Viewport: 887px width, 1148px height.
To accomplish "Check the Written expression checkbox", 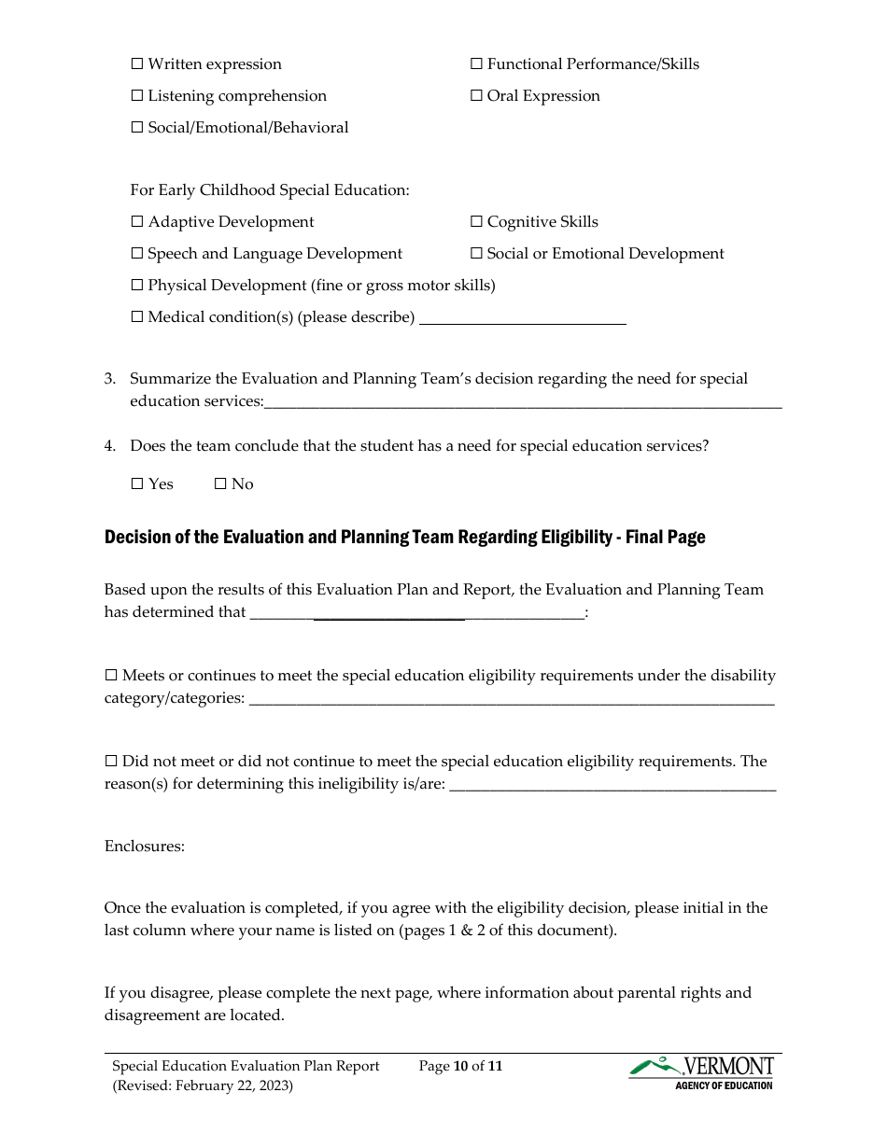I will (137, 64).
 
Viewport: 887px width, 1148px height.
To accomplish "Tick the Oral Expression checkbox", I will (476, 96).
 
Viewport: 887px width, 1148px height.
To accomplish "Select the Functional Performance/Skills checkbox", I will (476, 64).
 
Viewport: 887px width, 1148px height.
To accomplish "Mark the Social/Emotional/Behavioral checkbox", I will (137, 128).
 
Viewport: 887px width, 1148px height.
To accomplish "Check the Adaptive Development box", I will (137, 222).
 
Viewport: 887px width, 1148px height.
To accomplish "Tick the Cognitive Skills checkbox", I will (476, 222).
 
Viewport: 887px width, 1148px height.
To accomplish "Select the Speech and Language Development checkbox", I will (137, 254).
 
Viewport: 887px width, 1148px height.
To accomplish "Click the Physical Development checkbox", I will (137, 286).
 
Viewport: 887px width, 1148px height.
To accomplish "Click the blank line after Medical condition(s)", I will (522, 319).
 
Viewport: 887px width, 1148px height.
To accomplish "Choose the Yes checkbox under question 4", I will (137, 484).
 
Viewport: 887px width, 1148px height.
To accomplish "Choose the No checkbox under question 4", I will (220, 484).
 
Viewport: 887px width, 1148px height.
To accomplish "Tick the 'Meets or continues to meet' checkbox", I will (111, 676).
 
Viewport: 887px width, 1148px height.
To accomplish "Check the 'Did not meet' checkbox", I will (111, 762).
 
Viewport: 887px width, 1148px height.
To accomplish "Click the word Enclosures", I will (145, 847).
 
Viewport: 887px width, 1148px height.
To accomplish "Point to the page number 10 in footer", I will (459, 1066).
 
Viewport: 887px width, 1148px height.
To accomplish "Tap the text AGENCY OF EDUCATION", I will (724, 1085).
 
